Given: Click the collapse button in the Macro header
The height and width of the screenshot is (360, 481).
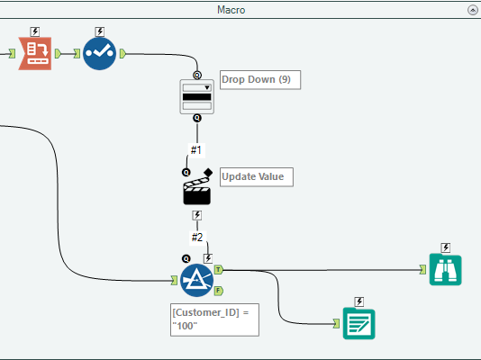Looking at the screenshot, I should click(x=472, y=10).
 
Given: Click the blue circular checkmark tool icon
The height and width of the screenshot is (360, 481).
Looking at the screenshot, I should click(x=100, y=53).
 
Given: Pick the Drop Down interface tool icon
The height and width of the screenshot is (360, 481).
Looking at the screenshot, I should click(x=197, y=96).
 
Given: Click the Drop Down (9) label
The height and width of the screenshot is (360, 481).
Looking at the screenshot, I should click(x=259, y=79).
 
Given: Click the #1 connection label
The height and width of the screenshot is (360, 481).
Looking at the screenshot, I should click(x=196, y=149).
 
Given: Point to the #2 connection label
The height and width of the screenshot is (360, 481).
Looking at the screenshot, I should click(x=196, y=238).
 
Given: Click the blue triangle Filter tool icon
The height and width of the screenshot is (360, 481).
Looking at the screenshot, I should click(x=196, y=282).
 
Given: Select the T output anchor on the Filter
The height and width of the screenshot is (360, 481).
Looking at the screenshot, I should click(x=219, y=268).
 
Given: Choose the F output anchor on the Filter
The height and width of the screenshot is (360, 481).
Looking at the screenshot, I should click(x=219, y=290).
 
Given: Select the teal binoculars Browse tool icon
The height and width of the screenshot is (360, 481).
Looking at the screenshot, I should click(x=446, y=269).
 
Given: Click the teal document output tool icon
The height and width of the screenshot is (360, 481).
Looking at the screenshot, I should click(x=358, y=323).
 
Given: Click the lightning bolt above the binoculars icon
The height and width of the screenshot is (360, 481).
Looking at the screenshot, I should click(x=446, y=247).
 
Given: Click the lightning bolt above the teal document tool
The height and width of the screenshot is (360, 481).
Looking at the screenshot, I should click(x=358, y=301).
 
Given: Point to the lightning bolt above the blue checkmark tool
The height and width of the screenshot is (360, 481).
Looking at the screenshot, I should click(x=100, y=31).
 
